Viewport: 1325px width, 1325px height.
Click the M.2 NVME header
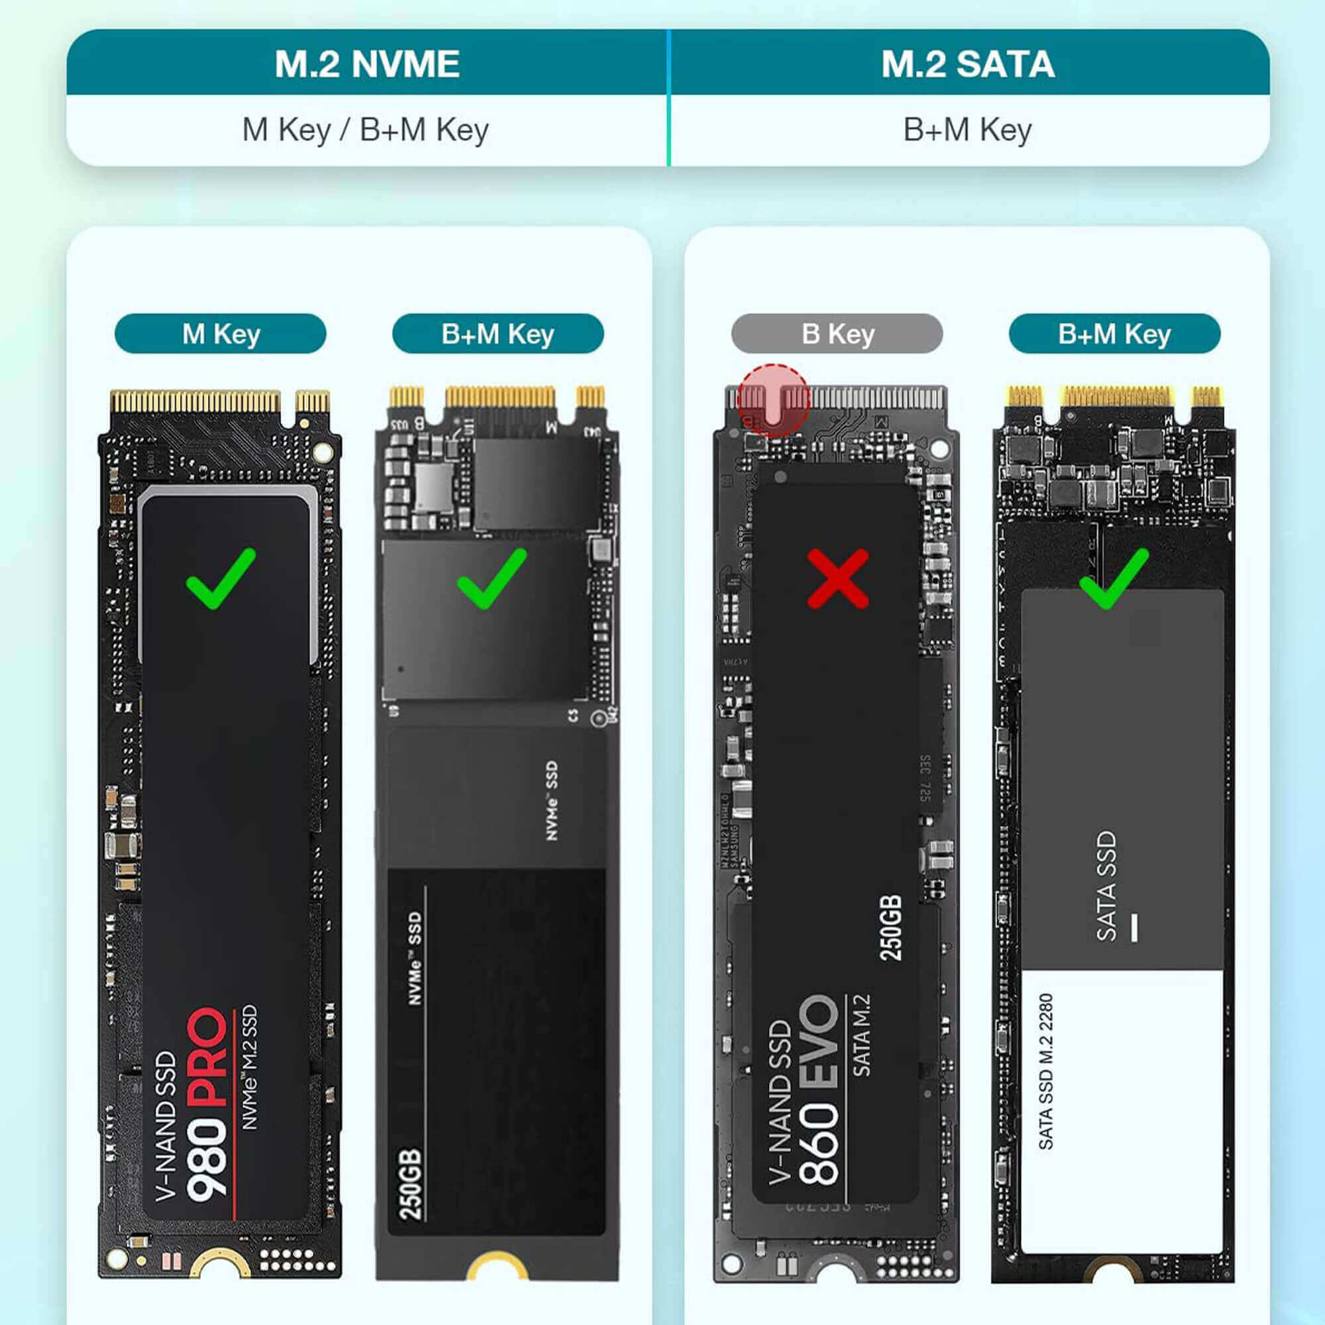coord(367,64)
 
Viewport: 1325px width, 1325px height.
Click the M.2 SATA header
coord(968,64)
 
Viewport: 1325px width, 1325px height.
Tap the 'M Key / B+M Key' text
coord(366,130)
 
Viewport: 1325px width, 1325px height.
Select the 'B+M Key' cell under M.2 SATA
coord(968,130)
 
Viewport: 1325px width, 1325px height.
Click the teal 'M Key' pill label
coord(220,334)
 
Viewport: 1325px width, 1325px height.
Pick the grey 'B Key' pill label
coord(837,334)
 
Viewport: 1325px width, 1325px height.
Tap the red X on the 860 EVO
coord(837,578)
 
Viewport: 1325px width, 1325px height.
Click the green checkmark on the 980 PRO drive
coord(221,578)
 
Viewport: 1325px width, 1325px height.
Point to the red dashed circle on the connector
coord(774,401)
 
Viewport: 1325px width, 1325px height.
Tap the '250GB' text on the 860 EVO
coord(890,928)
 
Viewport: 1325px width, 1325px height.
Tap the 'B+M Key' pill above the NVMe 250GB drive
coord(498,334)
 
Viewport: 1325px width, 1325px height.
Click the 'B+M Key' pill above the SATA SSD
coord(1114,334)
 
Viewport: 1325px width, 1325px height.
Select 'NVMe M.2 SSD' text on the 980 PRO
coord(250,1067)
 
